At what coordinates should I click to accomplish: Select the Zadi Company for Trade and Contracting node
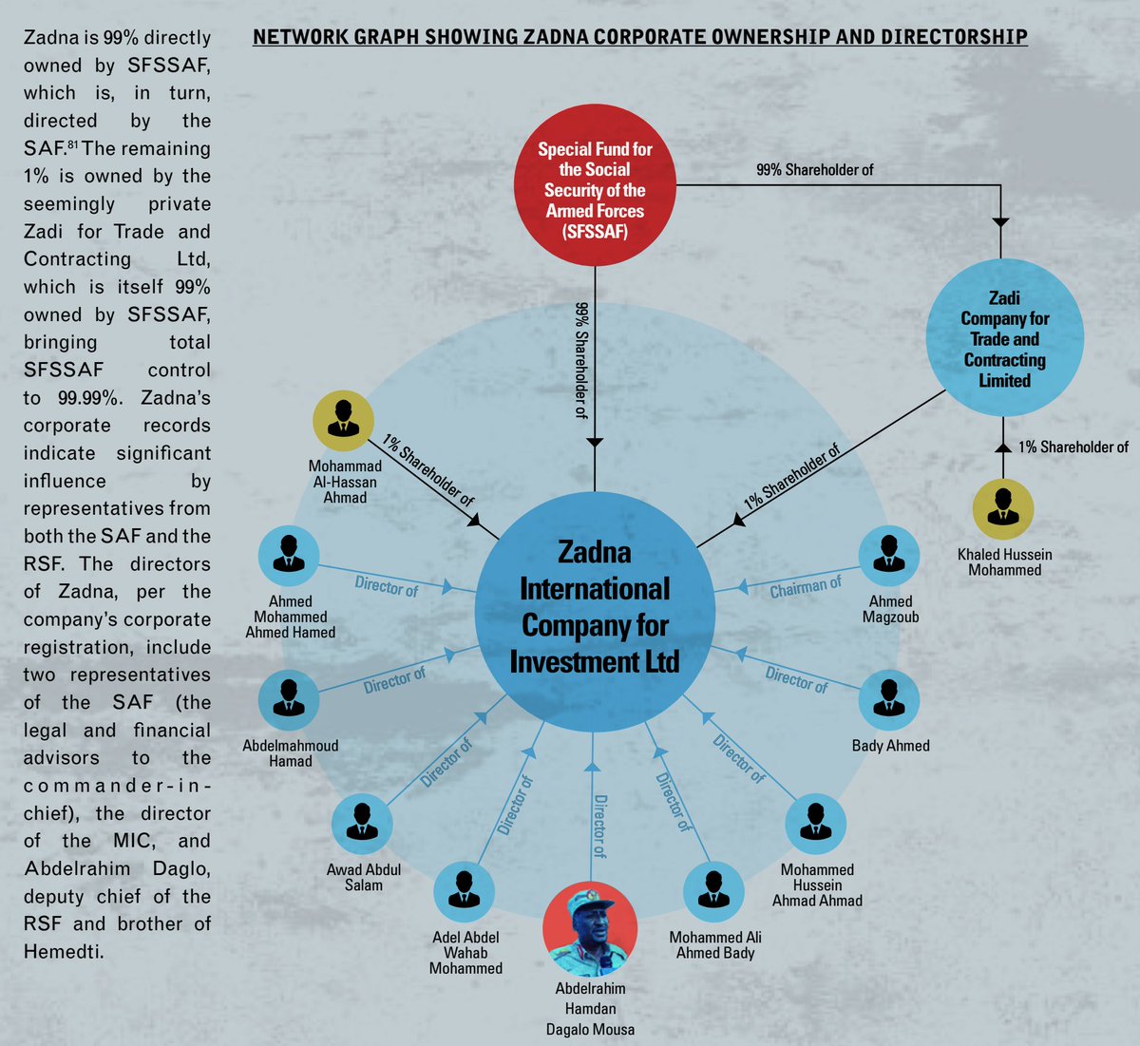pos(1004,338)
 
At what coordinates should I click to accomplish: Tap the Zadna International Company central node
pos(595,608)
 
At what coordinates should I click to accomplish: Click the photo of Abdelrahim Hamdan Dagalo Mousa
pos(590,929)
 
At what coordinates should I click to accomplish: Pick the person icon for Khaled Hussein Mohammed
pos(1003,509)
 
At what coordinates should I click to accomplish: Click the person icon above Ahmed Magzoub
pos(889,556)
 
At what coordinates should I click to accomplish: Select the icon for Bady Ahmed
pos(889,700)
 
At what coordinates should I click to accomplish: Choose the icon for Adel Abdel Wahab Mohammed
pos(465,892)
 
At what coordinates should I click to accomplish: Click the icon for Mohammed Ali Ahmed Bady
pos(714,892)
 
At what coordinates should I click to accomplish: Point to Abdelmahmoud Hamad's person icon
pos(289,700)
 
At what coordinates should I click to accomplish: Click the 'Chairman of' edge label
pos(806,588)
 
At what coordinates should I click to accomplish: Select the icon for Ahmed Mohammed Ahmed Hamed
pos(289,556)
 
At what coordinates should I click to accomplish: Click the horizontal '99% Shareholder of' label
pos(815,170)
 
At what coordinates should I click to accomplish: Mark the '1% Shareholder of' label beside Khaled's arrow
pos(1073,447)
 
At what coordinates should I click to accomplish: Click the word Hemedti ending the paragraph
pos(64,951)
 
